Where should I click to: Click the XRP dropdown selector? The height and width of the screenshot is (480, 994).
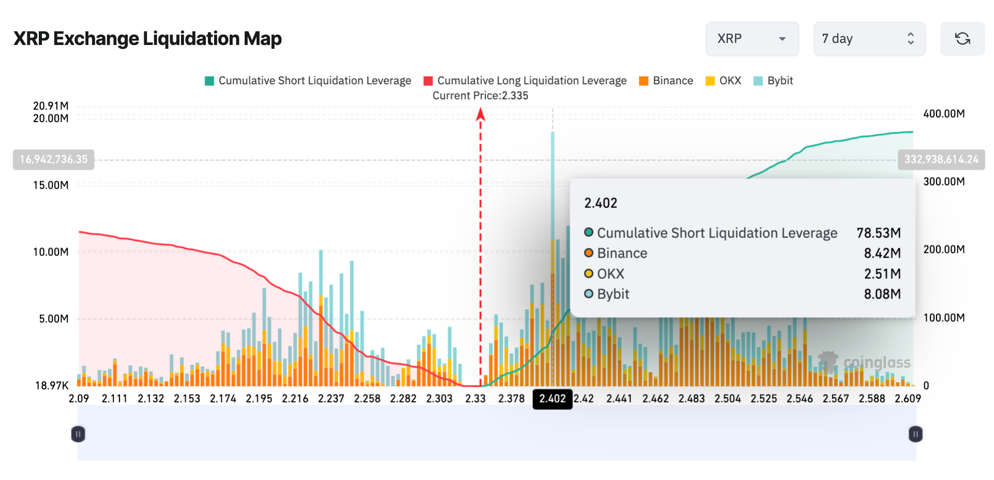(x=751, y=39)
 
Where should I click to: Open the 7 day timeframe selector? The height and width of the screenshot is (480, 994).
(x=869, y=39)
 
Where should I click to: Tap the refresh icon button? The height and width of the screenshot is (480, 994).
(x=962, y=39)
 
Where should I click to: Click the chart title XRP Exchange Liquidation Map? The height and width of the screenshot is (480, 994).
(x=147, y=39)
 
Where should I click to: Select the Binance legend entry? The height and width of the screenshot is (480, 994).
(x=666, y=81)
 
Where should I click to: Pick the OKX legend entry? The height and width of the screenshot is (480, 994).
(x=724, y=81)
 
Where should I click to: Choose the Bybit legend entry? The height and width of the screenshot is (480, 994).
(x=774, y=81)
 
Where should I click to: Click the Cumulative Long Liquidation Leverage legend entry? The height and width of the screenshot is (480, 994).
(x=525, y=81)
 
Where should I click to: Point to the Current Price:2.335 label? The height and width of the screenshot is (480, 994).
(x=480, y=96)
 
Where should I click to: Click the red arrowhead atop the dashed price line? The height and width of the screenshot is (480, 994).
(x=480, y=113)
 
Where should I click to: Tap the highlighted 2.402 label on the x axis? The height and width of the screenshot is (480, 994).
(x=552, y=399)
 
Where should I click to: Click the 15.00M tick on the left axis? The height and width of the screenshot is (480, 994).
(x=51, y=185)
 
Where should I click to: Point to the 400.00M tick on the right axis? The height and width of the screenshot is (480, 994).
(x=944, y=114)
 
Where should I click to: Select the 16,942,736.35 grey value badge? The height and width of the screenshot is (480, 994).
(x=54, y=159)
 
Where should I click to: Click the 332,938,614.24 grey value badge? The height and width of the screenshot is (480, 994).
(x=941, y=159)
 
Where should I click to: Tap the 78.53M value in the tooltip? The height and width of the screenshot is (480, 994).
(x=878, y=233)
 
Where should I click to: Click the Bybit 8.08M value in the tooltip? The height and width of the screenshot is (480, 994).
(x=882, y=294)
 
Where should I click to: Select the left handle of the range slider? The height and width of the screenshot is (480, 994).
(x=78, y=434)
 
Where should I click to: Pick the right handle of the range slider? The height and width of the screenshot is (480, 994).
(x=915, y=434)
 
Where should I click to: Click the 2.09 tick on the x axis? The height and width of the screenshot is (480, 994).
(x=79, y=399)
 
